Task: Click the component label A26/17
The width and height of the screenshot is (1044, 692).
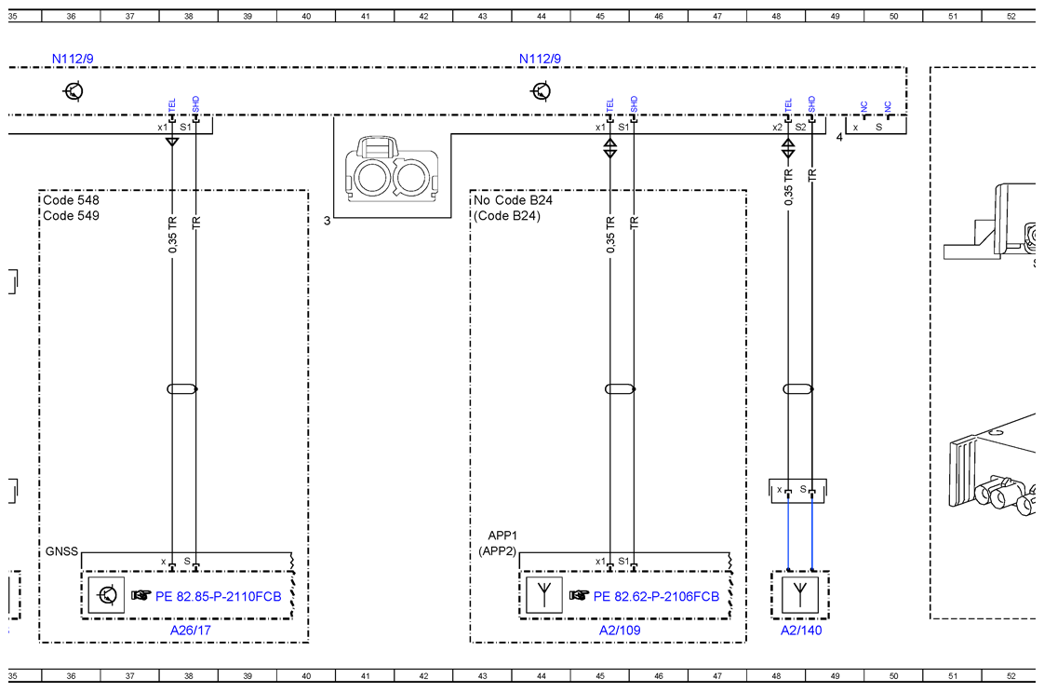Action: pos(191,630)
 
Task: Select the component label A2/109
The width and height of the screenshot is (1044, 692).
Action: pos(620,630)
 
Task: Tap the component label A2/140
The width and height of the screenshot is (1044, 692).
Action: pos(801,630)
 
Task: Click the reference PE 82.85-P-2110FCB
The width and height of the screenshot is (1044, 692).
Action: pos(219,596)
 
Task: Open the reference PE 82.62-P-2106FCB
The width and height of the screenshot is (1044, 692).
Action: pos(656,596)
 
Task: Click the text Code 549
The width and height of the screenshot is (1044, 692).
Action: pos(72,215)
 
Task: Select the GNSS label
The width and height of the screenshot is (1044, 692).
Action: pos(62,551)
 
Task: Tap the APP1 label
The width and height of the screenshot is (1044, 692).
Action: pos(502,536)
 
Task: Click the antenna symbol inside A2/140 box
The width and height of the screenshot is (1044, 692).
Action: pos(800,594)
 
